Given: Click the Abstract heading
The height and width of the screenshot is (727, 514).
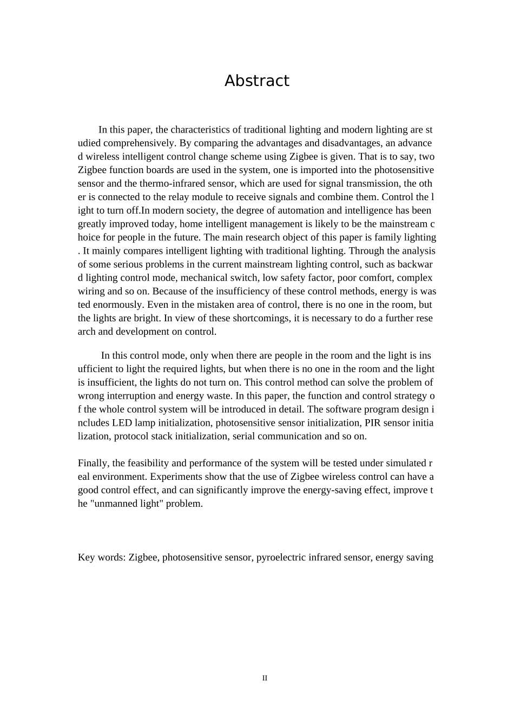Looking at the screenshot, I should pos(256,81).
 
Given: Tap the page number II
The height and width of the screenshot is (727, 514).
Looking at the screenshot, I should pos(265,678).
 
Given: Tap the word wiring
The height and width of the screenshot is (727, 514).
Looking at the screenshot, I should pos(91,292).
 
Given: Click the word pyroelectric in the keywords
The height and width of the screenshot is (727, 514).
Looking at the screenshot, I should pos(281,558).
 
